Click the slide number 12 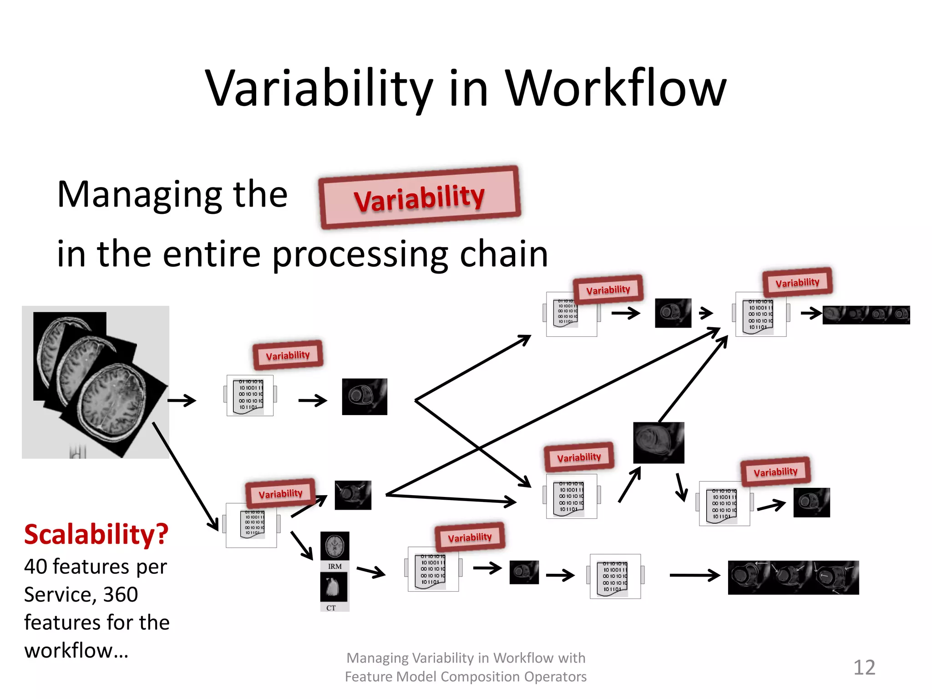click(x=864, y=667)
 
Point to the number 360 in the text click(x=121, y=594)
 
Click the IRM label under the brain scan click(x=334, y=567)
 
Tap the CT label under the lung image click(x=331, y=608)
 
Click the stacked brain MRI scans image click(x=96, y=382)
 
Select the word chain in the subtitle click(x=504, y=254)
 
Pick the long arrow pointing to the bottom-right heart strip click(x=694, y=576)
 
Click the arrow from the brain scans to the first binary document click(x=182, y=400)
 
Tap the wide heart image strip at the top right click(x=866, y=315)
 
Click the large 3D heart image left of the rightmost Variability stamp click(x=658, y=443)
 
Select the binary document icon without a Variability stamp click(x=615, y=576)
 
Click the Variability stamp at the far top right click(x=797, y=282)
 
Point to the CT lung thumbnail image click(x=334, y=588)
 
